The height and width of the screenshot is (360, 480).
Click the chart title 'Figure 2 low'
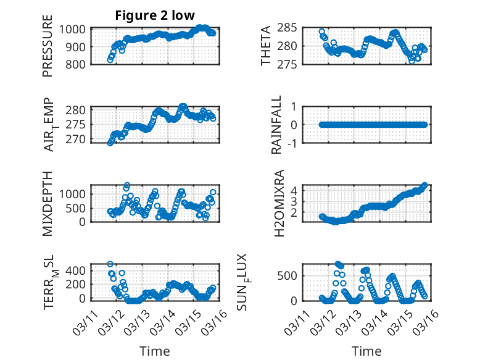pos(155,16)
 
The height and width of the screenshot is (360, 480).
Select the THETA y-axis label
pos(267,46)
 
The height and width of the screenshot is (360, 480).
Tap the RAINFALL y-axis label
pos(278,125)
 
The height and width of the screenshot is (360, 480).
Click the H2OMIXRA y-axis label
pos(279,203)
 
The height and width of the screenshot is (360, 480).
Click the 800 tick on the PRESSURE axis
pos(78,64)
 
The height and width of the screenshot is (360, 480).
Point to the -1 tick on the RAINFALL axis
pos(299,143)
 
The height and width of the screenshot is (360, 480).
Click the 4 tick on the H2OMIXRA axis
pos(304,191)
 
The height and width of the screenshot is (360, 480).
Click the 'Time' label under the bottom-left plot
pos(155,351)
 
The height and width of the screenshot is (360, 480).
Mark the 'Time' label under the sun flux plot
pos(366,351)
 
